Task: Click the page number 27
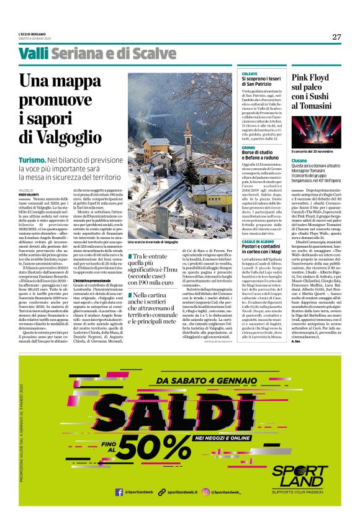click(336, 37)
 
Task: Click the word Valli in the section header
click(32, 55)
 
